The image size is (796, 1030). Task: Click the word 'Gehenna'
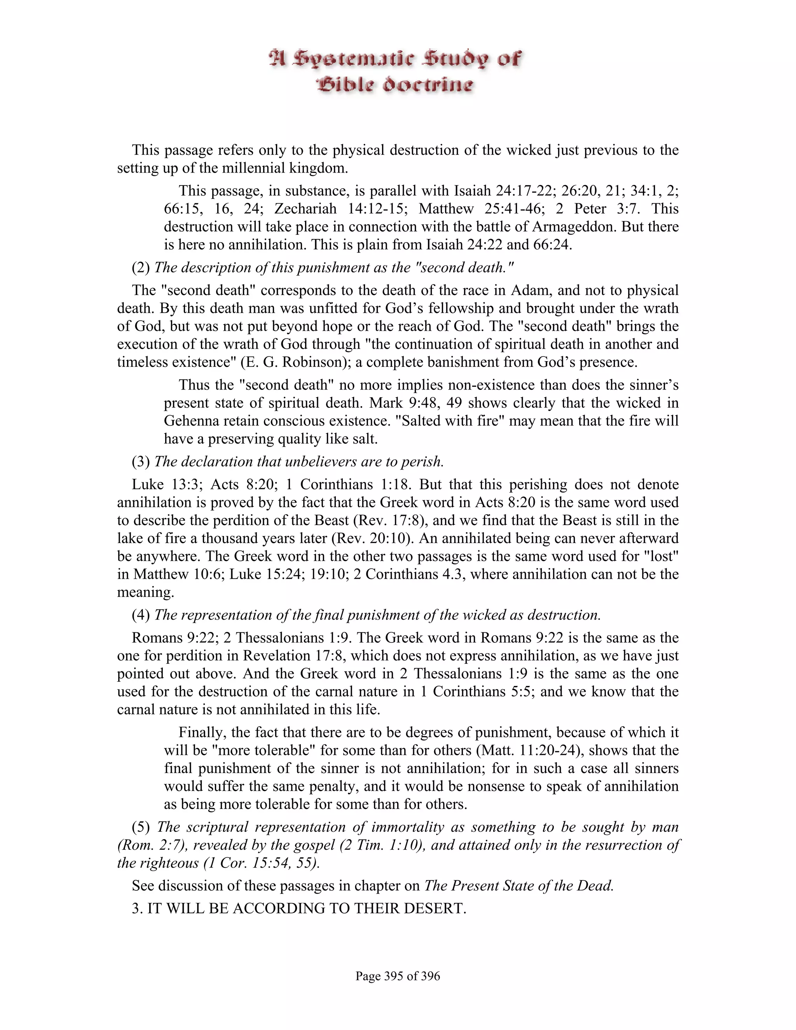191,421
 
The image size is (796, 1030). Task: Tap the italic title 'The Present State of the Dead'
519,886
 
